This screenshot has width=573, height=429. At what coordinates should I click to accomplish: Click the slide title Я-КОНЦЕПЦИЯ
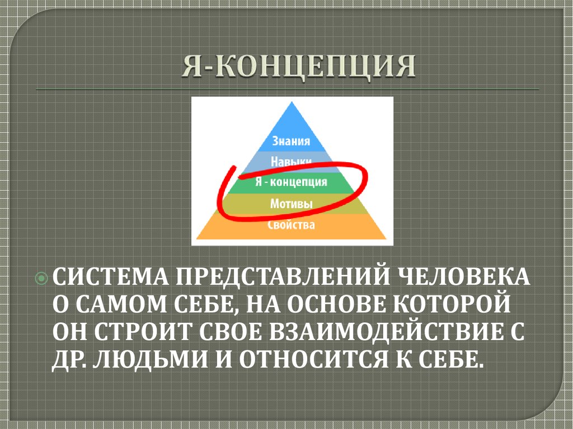pyautogui.click(x=298, y=68)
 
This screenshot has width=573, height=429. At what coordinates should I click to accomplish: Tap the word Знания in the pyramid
pyautogui.click(x=290, y=141)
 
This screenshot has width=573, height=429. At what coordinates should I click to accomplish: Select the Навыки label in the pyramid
pyautogui.click(x=290, y=162)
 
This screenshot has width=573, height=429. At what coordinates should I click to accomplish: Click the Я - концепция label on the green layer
pyautogui.click(x=291, y=182)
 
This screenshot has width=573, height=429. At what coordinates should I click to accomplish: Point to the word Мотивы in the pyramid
pyautogui.click(x=291, y=203)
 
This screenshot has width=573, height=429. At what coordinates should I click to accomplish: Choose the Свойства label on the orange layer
pyautogui.click(x=291, y=225)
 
